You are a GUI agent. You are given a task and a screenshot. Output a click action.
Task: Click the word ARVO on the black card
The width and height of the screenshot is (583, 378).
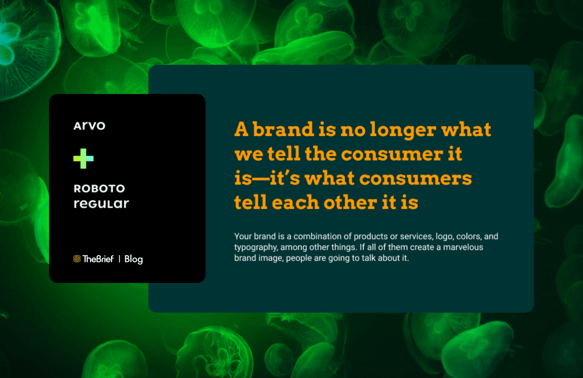89,126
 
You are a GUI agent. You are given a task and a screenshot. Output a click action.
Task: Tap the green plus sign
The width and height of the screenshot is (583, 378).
84,158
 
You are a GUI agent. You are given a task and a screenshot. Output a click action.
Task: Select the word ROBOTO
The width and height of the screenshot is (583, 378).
99,188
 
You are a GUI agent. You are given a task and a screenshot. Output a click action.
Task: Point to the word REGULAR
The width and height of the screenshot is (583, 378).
101,203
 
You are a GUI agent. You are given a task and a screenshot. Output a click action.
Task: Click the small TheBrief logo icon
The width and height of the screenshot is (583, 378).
77,258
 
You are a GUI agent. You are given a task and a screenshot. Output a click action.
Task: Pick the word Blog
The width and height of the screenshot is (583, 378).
133,259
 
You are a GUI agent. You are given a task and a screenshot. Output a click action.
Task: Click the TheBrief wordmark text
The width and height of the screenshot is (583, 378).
98,258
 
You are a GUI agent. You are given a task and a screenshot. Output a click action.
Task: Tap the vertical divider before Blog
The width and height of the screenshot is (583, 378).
120,258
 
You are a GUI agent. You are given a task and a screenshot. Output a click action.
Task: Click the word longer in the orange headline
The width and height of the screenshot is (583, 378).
403,130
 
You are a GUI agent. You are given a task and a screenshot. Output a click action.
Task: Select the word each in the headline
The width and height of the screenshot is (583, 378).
295,203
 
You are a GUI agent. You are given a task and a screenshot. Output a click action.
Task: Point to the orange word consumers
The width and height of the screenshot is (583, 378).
415,178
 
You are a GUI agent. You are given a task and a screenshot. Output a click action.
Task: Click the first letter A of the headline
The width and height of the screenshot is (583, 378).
241,129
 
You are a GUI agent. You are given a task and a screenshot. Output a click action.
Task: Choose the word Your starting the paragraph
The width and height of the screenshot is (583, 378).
243,236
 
